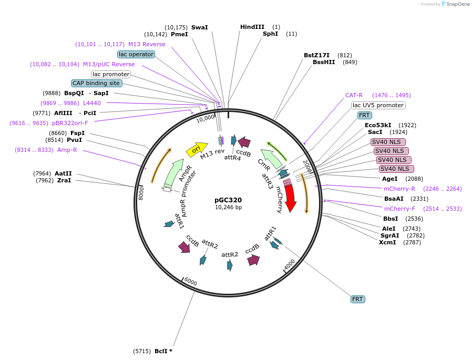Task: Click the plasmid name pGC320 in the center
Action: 228,200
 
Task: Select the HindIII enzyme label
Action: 252,27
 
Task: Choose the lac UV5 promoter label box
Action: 378,105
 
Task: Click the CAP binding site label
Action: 97,83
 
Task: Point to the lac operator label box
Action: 136,54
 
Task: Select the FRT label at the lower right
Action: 357,299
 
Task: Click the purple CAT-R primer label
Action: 354,95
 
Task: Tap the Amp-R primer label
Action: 67,150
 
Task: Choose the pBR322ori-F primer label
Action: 70,123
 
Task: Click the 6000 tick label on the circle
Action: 190,282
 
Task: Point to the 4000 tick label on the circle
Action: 290,265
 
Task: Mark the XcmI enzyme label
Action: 387,242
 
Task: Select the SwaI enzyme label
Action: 199,27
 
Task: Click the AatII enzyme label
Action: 63,173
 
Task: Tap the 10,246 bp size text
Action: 228,207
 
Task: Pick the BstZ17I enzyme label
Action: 316,55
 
